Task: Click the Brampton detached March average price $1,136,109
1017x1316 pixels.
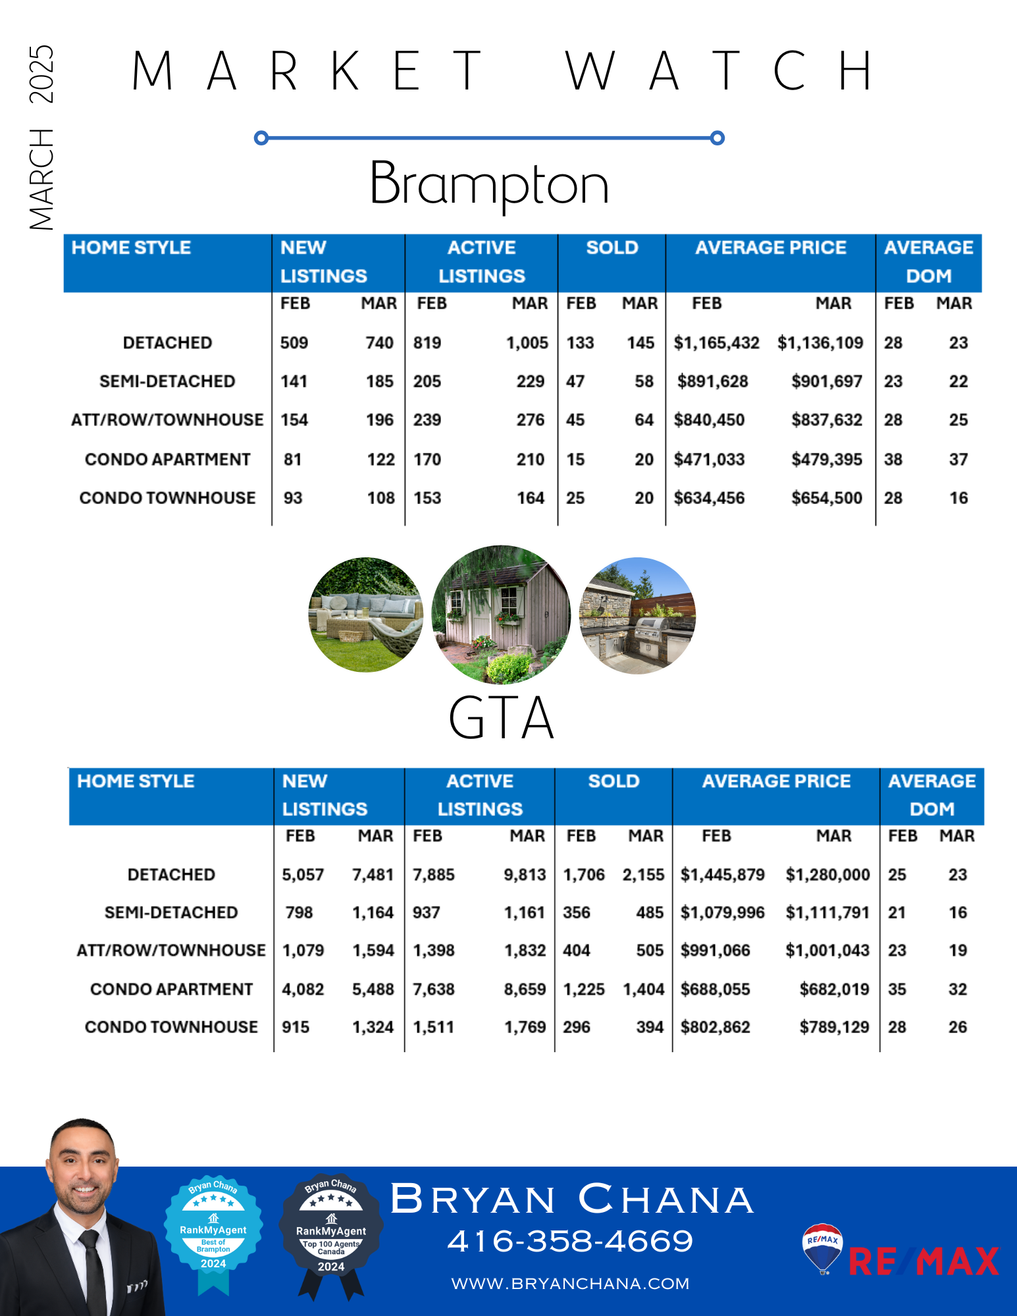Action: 820,343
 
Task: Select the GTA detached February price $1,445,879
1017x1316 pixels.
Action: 722,874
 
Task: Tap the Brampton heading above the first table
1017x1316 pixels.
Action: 489,184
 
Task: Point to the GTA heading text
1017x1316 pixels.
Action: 501,718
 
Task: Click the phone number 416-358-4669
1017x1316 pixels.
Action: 570,1241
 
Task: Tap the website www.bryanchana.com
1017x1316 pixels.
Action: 570,1283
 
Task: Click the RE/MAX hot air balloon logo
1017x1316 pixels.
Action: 822,1248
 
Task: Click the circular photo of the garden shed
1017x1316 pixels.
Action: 501,615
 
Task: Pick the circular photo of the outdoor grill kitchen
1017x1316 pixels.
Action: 637,616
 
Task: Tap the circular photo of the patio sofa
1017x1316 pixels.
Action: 366,615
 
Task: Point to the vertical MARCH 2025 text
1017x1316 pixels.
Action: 41,138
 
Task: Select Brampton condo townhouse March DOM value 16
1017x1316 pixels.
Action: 958,498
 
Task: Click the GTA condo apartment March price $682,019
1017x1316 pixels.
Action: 834,989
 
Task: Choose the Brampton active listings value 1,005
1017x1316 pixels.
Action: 527,343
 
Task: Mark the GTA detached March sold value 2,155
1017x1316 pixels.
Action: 643,874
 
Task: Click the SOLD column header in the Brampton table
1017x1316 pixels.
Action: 612,247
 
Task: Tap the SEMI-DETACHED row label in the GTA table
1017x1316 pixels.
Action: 171,913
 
